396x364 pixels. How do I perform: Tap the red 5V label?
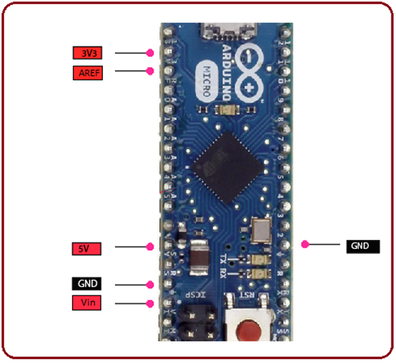tap(88, 248)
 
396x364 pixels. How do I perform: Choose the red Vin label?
tap(88, 303)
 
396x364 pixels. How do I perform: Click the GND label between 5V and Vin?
tap(88, 284)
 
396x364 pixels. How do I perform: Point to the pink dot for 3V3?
tap(150, 52)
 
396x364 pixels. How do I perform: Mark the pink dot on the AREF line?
tap(150, 71)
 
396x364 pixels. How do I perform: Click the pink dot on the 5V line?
tap(151, 248)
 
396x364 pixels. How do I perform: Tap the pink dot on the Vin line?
tap(150, 304)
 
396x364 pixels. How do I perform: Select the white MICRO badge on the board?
tap(207, 80)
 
